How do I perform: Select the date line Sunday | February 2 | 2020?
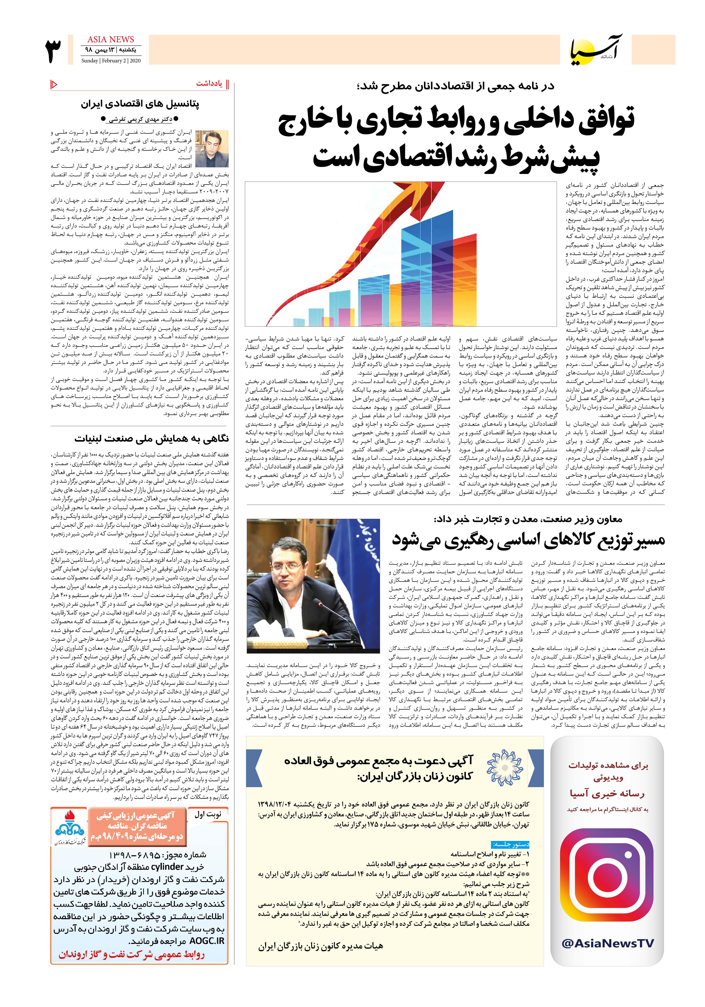coord(111,61)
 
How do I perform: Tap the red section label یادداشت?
coord(210,84)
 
